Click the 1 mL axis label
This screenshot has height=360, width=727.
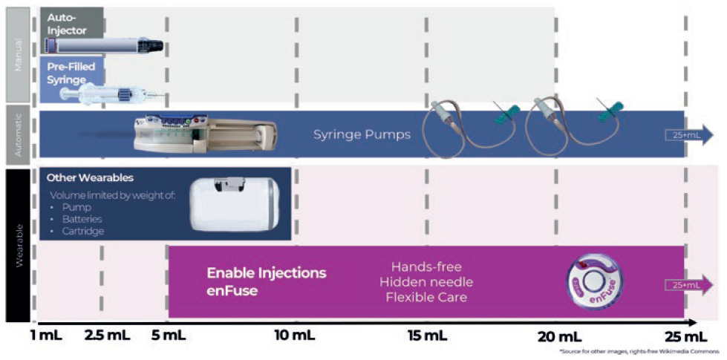click(47, 336)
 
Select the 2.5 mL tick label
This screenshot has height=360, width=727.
click(107, 336)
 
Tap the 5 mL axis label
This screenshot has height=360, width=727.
click(169, 336)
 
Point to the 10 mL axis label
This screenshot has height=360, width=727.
click(295, 336)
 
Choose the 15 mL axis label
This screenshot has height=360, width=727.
click(427, 336)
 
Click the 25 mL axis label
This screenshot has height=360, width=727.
click(684, 336)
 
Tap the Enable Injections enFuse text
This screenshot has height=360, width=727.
click(265, 281)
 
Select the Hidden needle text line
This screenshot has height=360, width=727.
click(426, 281)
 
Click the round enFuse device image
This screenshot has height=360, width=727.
click(593, 281)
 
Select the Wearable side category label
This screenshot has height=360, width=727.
click(19, 245)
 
